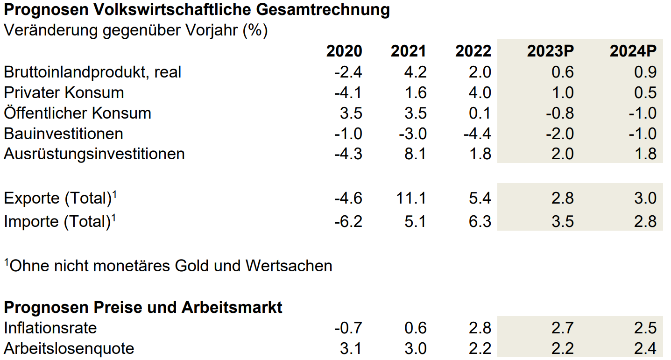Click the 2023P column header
(550, 51)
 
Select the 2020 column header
(344, 51)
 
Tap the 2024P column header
(633, 51)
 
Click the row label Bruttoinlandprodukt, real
(92, 72)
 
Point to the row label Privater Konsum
(64, 92)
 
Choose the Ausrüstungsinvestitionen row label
(94, 154)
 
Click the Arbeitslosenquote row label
(69, 348)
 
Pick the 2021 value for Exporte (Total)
(411, 198)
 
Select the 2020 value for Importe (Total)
(348, 222)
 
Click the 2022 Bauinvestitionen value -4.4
(478, 134)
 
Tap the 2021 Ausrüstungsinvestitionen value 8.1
(415, 154)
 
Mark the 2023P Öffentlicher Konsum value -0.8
(560, 113)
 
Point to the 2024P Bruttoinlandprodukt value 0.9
(645, 72)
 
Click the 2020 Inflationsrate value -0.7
(348, 328)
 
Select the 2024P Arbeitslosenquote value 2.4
(645, 348)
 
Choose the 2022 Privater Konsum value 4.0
(480, 92)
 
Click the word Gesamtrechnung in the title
(323, 10)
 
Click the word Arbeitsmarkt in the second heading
(232, 307)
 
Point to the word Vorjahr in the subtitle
(212, 30)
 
